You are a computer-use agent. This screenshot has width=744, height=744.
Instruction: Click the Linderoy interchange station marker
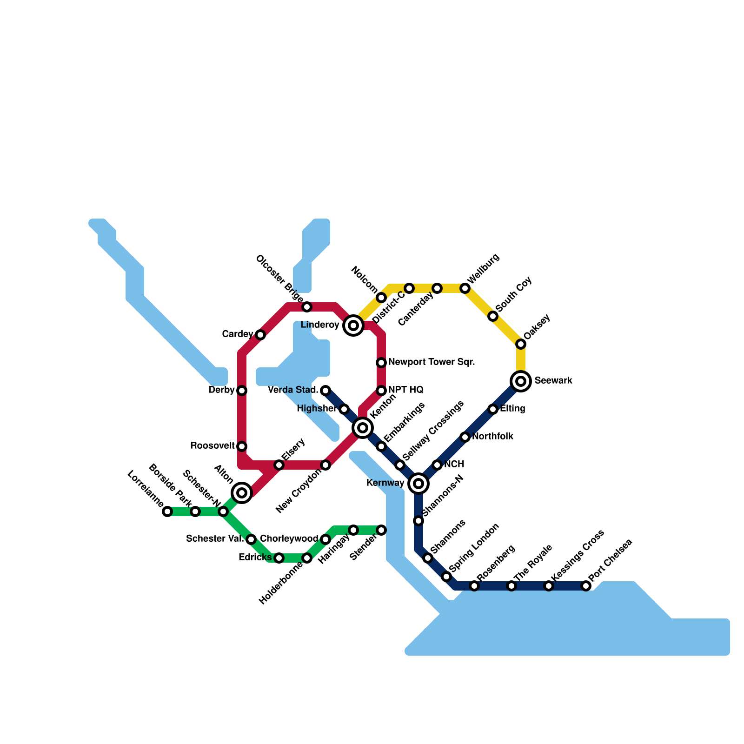[353, 325]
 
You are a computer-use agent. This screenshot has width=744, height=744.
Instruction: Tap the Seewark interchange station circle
[521, 381]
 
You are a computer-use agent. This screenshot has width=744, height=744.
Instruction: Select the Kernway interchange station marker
[418, 484]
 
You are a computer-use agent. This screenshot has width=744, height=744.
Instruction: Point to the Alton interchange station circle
[242, 493]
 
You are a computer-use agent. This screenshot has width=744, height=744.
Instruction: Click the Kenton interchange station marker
[363, 427]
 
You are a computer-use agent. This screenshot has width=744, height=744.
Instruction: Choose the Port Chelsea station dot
[586, 586]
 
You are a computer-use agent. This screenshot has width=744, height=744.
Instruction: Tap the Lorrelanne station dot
[167, 511]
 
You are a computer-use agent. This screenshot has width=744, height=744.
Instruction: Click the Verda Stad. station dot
[325, 391]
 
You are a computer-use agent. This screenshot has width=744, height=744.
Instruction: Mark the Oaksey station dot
[521, 344]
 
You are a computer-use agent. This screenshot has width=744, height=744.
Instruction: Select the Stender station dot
[381, 530]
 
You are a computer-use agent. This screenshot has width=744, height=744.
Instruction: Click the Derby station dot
[242, 391]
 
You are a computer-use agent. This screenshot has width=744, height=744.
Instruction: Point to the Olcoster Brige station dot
[307, 307]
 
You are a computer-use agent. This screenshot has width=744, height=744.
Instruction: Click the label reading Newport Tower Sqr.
[432, 362]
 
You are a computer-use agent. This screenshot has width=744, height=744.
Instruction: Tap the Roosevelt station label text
[213, 446]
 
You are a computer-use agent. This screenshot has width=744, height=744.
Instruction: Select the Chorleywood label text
[289, 539]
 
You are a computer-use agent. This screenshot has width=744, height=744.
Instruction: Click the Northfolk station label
[492, 437]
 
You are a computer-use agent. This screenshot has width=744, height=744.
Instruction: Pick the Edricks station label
[255, 558]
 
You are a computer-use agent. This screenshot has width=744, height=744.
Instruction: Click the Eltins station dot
[493, 409]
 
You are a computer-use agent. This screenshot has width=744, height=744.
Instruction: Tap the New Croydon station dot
[325, 465]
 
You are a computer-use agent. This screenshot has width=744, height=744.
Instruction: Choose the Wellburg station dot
[465, 288]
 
